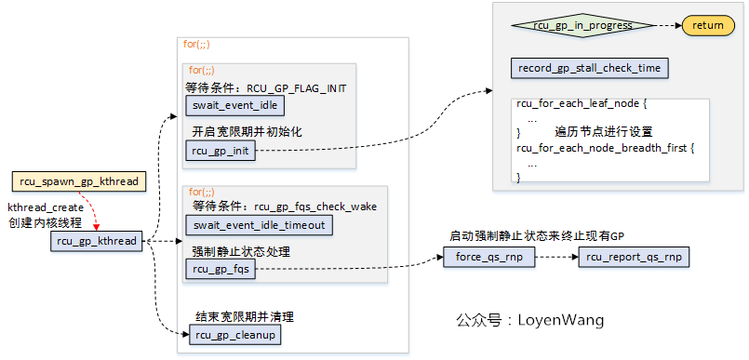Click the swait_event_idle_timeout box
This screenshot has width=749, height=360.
click(258, 225)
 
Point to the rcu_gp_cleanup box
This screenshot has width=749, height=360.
click(235, 334)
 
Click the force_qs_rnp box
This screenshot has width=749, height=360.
click(489, 257)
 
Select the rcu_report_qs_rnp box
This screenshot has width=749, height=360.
click(633, 257)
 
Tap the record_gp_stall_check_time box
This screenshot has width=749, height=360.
click(590, 68)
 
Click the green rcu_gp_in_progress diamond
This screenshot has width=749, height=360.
click(582, 25)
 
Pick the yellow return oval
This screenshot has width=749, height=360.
click(708, 25)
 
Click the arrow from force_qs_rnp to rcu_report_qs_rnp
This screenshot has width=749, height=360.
click(556, 257)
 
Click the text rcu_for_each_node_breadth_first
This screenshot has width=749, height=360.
click(606, 148)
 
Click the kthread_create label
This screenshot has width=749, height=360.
click(45, 207)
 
